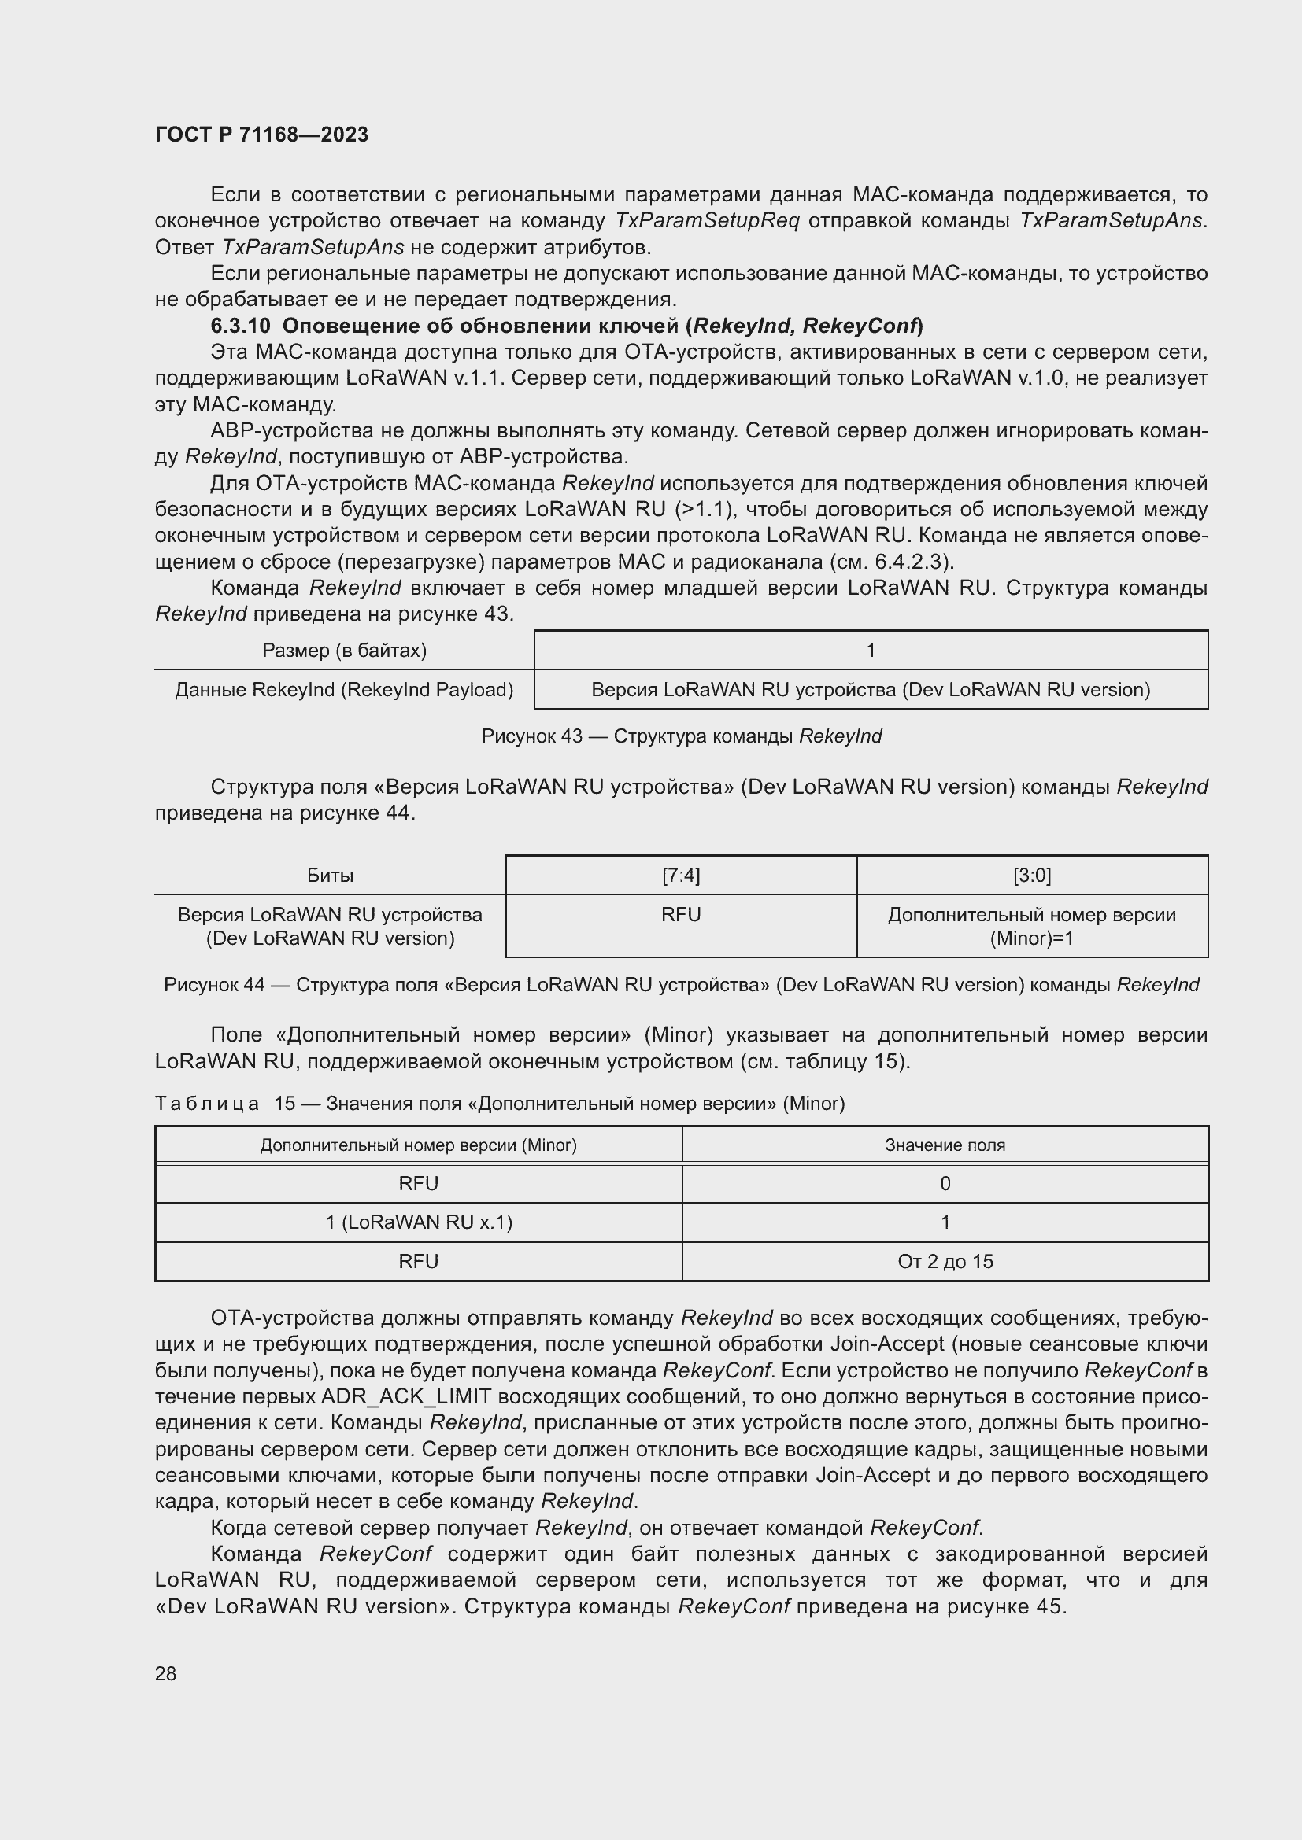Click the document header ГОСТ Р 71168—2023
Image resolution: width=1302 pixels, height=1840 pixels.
[x=261, y=135]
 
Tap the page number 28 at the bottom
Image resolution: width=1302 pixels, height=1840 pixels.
[x=165, y=1672]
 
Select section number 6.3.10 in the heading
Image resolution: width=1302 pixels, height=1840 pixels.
[x=242, y=326]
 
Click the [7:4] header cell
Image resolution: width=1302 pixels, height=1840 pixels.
[x=681, y=875]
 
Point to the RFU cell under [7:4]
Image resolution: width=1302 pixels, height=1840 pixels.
[x=681, y=914]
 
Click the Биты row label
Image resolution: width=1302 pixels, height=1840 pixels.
[x=330, y=875]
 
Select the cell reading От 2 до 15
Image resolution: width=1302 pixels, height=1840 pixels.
[x=945, y=1261]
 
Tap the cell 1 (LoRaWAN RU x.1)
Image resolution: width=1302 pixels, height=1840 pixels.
[x=419, y=1222]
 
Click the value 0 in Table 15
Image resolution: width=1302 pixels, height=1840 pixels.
[x=945, y=1184]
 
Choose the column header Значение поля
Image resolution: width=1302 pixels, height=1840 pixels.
[x=945, y=1145]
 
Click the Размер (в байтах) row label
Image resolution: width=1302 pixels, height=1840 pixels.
[x=344, y=650]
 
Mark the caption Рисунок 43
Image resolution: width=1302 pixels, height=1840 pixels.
[x=531, y=736]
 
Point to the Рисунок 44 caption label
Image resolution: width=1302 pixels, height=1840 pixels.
[x=214, y=984]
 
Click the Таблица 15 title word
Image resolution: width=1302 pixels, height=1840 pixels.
[x=207, y=1104]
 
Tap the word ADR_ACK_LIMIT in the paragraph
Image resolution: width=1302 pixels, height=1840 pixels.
[x=405, y=1397]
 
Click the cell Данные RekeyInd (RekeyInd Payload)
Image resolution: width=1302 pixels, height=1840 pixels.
[x=344, y=689]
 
